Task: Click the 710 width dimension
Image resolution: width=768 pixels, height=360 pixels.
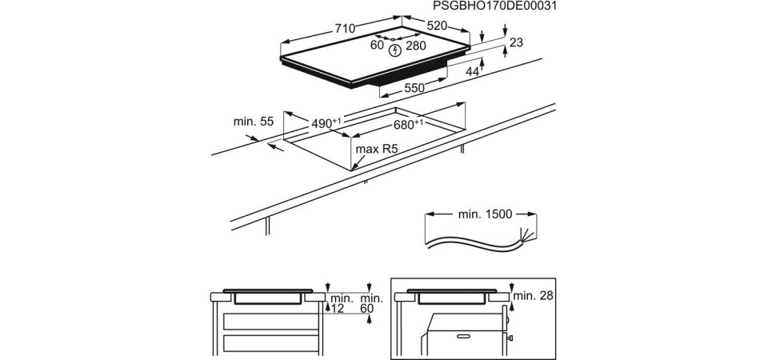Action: tap(344, 28)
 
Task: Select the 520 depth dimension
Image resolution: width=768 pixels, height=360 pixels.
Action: tap(437, 26)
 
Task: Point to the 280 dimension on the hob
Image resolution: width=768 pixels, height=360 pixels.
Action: tap(416, 46)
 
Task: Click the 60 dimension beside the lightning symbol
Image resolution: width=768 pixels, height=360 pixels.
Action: tap(377, 45)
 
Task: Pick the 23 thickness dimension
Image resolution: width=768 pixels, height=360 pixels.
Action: tap(515, 42)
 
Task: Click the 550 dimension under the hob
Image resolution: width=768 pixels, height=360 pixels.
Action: tap(414, 88)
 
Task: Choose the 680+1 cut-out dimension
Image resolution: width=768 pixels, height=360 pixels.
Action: tap(408, 125)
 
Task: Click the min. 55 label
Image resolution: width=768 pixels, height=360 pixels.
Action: tap(253, 122)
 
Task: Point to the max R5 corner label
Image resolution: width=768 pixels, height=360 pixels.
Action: tap(377, 149)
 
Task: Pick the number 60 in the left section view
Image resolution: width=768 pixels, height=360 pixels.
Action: tap(367, 308)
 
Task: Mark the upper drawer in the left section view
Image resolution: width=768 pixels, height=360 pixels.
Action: tap(270, 322)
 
